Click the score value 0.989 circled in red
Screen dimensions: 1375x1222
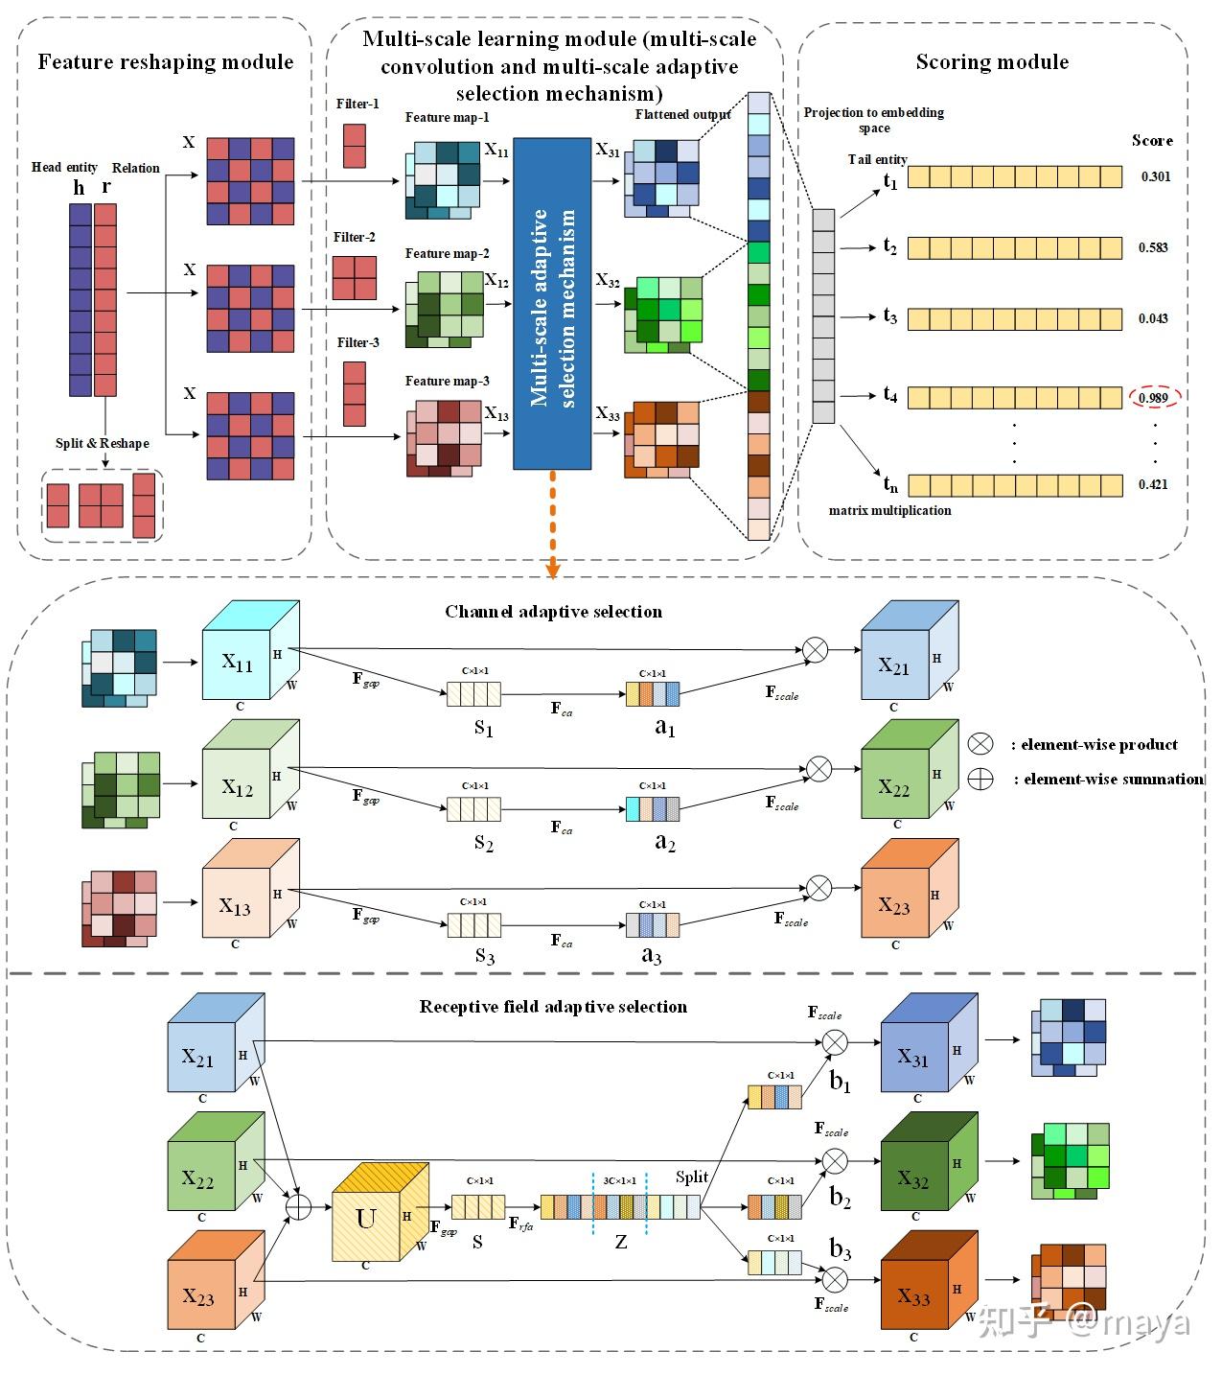click(x=1154, y=397)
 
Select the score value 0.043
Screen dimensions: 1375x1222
click(x=1153, y=318)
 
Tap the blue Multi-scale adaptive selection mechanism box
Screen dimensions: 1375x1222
click(x=552, y=304)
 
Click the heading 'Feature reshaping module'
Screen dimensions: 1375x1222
click(x=165, y=62)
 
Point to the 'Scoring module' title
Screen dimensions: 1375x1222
click(x=992, y=62)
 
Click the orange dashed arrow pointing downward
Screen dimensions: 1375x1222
click(x=552, y=524)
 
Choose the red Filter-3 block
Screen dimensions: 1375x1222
click(x=355, y=393)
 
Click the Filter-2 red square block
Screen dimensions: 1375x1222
click(x=354, y=278)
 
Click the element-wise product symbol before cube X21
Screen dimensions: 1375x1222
click(x=814, y=650)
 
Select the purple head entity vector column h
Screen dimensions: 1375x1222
click(x=80, y=298)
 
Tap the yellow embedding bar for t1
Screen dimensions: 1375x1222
click(x=1014, y=176)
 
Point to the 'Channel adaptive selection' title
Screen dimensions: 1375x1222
click(x=553, y=612)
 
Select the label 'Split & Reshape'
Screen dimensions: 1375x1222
click(x=103, y=444)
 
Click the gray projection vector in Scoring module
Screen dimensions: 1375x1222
click(x=823, y=316)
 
